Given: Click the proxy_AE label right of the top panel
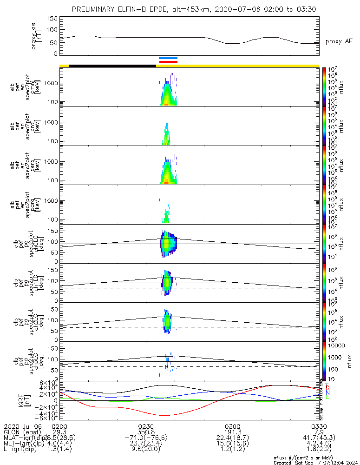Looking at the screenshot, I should pyautogui.click(x=339, y=41).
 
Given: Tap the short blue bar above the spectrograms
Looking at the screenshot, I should pyautogui.click(x=168, y=58).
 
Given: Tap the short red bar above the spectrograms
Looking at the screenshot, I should pyautogui.click(x=168, y=61).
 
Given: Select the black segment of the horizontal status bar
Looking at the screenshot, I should pyautogui.click(x=112, y=66).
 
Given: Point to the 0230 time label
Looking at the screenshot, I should pyautogui.click(x=146, y=426).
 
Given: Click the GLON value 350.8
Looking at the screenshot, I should pyautogui.click(x=146, y=432).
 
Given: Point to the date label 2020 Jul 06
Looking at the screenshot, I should pyautogui.click(x=23, y=426).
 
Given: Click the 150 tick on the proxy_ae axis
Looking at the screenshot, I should pyautogui.click(x=52, y=19).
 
